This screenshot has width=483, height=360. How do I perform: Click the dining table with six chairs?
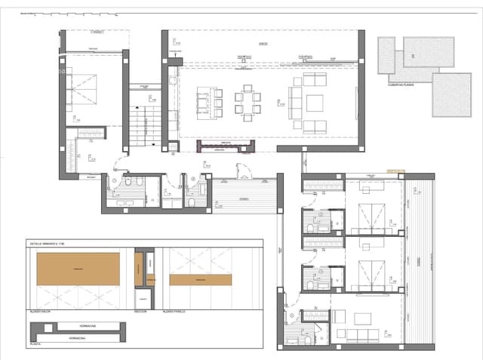(248, 102)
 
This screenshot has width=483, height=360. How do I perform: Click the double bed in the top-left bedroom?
(85, 89)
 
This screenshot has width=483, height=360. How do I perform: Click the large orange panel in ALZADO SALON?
(78, 269)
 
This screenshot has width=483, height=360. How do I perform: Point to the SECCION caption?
(140, 310)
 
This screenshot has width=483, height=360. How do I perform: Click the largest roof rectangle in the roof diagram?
(451, 94)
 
